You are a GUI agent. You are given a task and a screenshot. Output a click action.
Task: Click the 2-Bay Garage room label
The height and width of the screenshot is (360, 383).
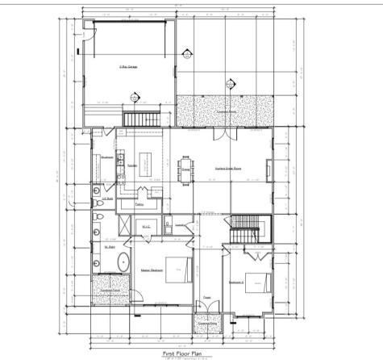tap(128, 67)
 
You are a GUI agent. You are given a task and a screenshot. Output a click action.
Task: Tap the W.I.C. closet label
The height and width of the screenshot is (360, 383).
tap(147, 228)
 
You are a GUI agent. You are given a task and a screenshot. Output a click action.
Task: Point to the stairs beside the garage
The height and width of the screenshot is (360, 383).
tap(138, 118)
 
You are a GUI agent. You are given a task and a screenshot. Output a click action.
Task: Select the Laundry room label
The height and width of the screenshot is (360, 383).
tap(181, 224)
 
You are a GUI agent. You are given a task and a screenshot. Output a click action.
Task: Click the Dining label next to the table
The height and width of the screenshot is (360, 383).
tap(185, 170)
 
